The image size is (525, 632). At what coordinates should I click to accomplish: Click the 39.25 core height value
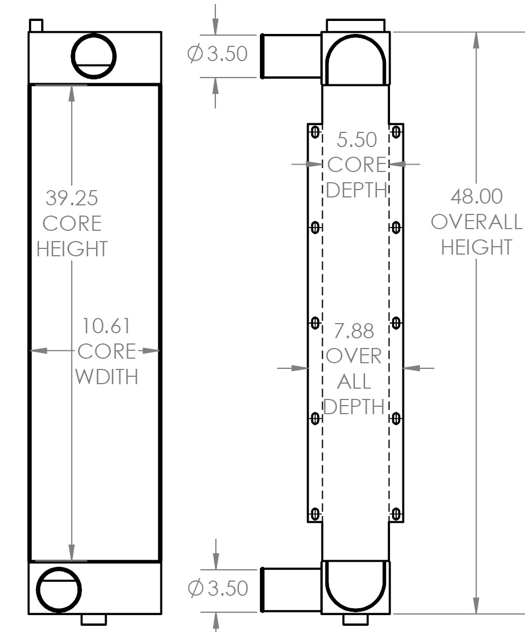pyautogui.click(x=72, y=198)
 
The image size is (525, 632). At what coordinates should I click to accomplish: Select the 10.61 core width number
pyautogui.click(x=106, y=326)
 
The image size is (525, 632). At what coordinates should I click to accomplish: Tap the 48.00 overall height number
pyautogui.click(x=477, y=196)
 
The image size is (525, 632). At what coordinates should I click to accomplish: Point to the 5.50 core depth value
pyautogui.click(x=357, y=139)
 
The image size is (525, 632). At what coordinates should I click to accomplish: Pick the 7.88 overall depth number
pyautogui.click(x=354, y=331)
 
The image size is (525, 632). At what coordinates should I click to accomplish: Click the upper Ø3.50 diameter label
pyautogui.click(x=218, y=54)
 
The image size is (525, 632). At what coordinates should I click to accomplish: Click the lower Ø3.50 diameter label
pyautogui.click(x=218, y=588)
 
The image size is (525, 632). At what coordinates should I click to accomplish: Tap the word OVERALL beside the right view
pyautogui.click(x=477, y=222)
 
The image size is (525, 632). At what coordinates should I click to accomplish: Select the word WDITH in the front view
pyautogui.click(x=107, y=377)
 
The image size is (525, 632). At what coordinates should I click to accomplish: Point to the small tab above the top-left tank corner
pyautogui.click(x=36, y=25)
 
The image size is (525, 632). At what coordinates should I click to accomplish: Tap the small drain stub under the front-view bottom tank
pyautogui.click(x=94, y=620)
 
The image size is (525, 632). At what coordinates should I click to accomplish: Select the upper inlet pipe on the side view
pyautogui.click(x=291, y=56)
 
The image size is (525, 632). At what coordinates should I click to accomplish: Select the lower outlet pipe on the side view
pyautogui.click(x=291, y=590)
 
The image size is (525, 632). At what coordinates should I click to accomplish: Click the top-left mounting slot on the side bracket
pyautogui.click(x=315, y=132)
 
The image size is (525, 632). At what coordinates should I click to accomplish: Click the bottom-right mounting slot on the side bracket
pyautogui.click(x=396, y=514)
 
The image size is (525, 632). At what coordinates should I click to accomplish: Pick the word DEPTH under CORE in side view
pyautogui.click(x=357, y=190)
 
